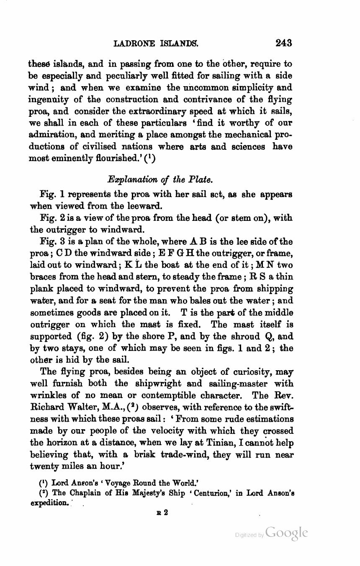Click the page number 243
(283, 43)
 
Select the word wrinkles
(48, 395)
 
